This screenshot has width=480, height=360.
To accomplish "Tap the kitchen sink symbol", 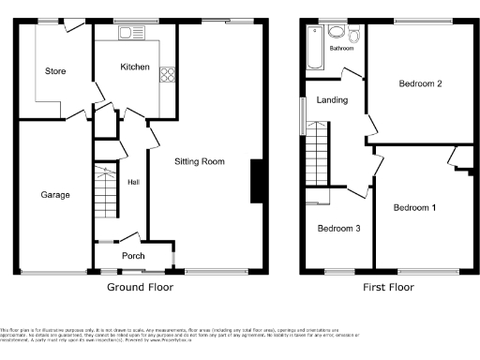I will coord(127,34).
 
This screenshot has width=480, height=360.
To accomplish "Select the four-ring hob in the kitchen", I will coord(169,73).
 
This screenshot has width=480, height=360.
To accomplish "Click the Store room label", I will coord(54,70).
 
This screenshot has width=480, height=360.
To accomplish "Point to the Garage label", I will coord(54,195).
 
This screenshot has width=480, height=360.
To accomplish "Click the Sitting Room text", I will coord(201,161).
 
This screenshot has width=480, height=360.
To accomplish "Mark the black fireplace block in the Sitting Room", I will coord(255,181).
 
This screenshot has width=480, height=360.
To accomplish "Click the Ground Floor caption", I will coord(138,286).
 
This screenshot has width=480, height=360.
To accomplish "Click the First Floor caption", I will coord(388,286).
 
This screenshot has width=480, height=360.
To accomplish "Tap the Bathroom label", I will coord(341,49).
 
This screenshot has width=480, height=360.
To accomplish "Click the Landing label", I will coord(332,99).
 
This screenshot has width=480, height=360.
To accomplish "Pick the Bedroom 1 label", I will coord(414,207).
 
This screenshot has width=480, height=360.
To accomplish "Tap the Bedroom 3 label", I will coord(336,228).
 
